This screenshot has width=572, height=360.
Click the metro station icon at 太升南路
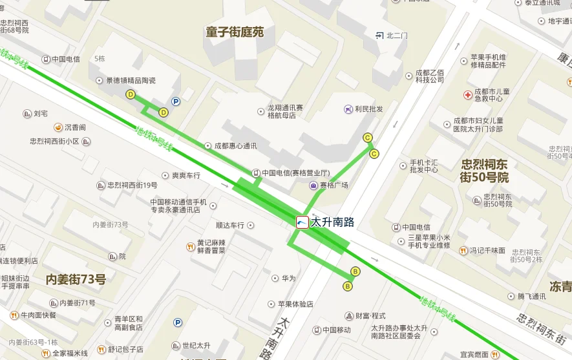tap(302, 222)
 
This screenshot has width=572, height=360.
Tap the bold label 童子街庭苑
tap(235, 32)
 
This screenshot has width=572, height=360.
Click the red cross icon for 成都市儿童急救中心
tap(468, 95)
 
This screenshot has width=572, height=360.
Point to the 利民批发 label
tap(368, 109)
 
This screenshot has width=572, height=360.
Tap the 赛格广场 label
tap(334, 185)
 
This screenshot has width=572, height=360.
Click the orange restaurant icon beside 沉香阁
tap(58, 127)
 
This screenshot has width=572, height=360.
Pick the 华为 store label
tap(288, 279)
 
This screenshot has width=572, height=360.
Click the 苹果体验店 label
tap(295, 304)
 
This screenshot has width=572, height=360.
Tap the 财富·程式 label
tap(370, 316)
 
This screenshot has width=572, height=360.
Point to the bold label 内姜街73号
tap(76, 280)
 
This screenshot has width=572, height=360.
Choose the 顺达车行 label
tap(229, 226)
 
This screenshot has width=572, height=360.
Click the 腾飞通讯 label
tap(531, 297)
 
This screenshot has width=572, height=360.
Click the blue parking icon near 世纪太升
tap(177, 322)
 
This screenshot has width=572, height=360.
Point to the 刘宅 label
tap(41, 114)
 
